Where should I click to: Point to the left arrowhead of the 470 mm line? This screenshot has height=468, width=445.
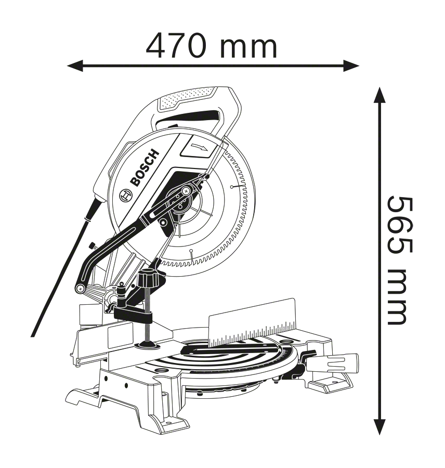click(x=73, y=66)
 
